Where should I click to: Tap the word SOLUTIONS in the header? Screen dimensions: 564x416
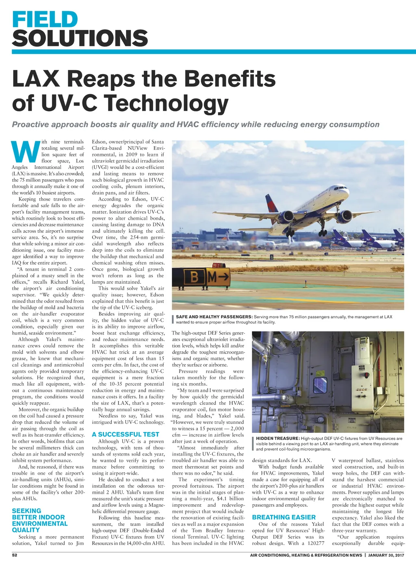80,39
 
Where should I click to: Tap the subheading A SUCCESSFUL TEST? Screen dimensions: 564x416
126,434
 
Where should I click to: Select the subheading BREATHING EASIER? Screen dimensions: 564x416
284,517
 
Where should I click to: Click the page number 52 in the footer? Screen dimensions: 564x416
15,555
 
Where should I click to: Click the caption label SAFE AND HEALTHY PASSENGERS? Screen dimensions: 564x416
214,317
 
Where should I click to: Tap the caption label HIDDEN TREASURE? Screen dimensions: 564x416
278,439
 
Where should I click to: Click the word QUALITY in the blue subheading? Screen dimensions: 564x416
26,530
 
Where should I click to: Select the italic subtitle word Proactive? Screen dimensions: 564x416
32,125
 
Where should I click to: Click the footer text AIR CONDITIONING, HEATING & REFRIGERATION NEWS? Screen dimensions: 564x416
306,555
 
